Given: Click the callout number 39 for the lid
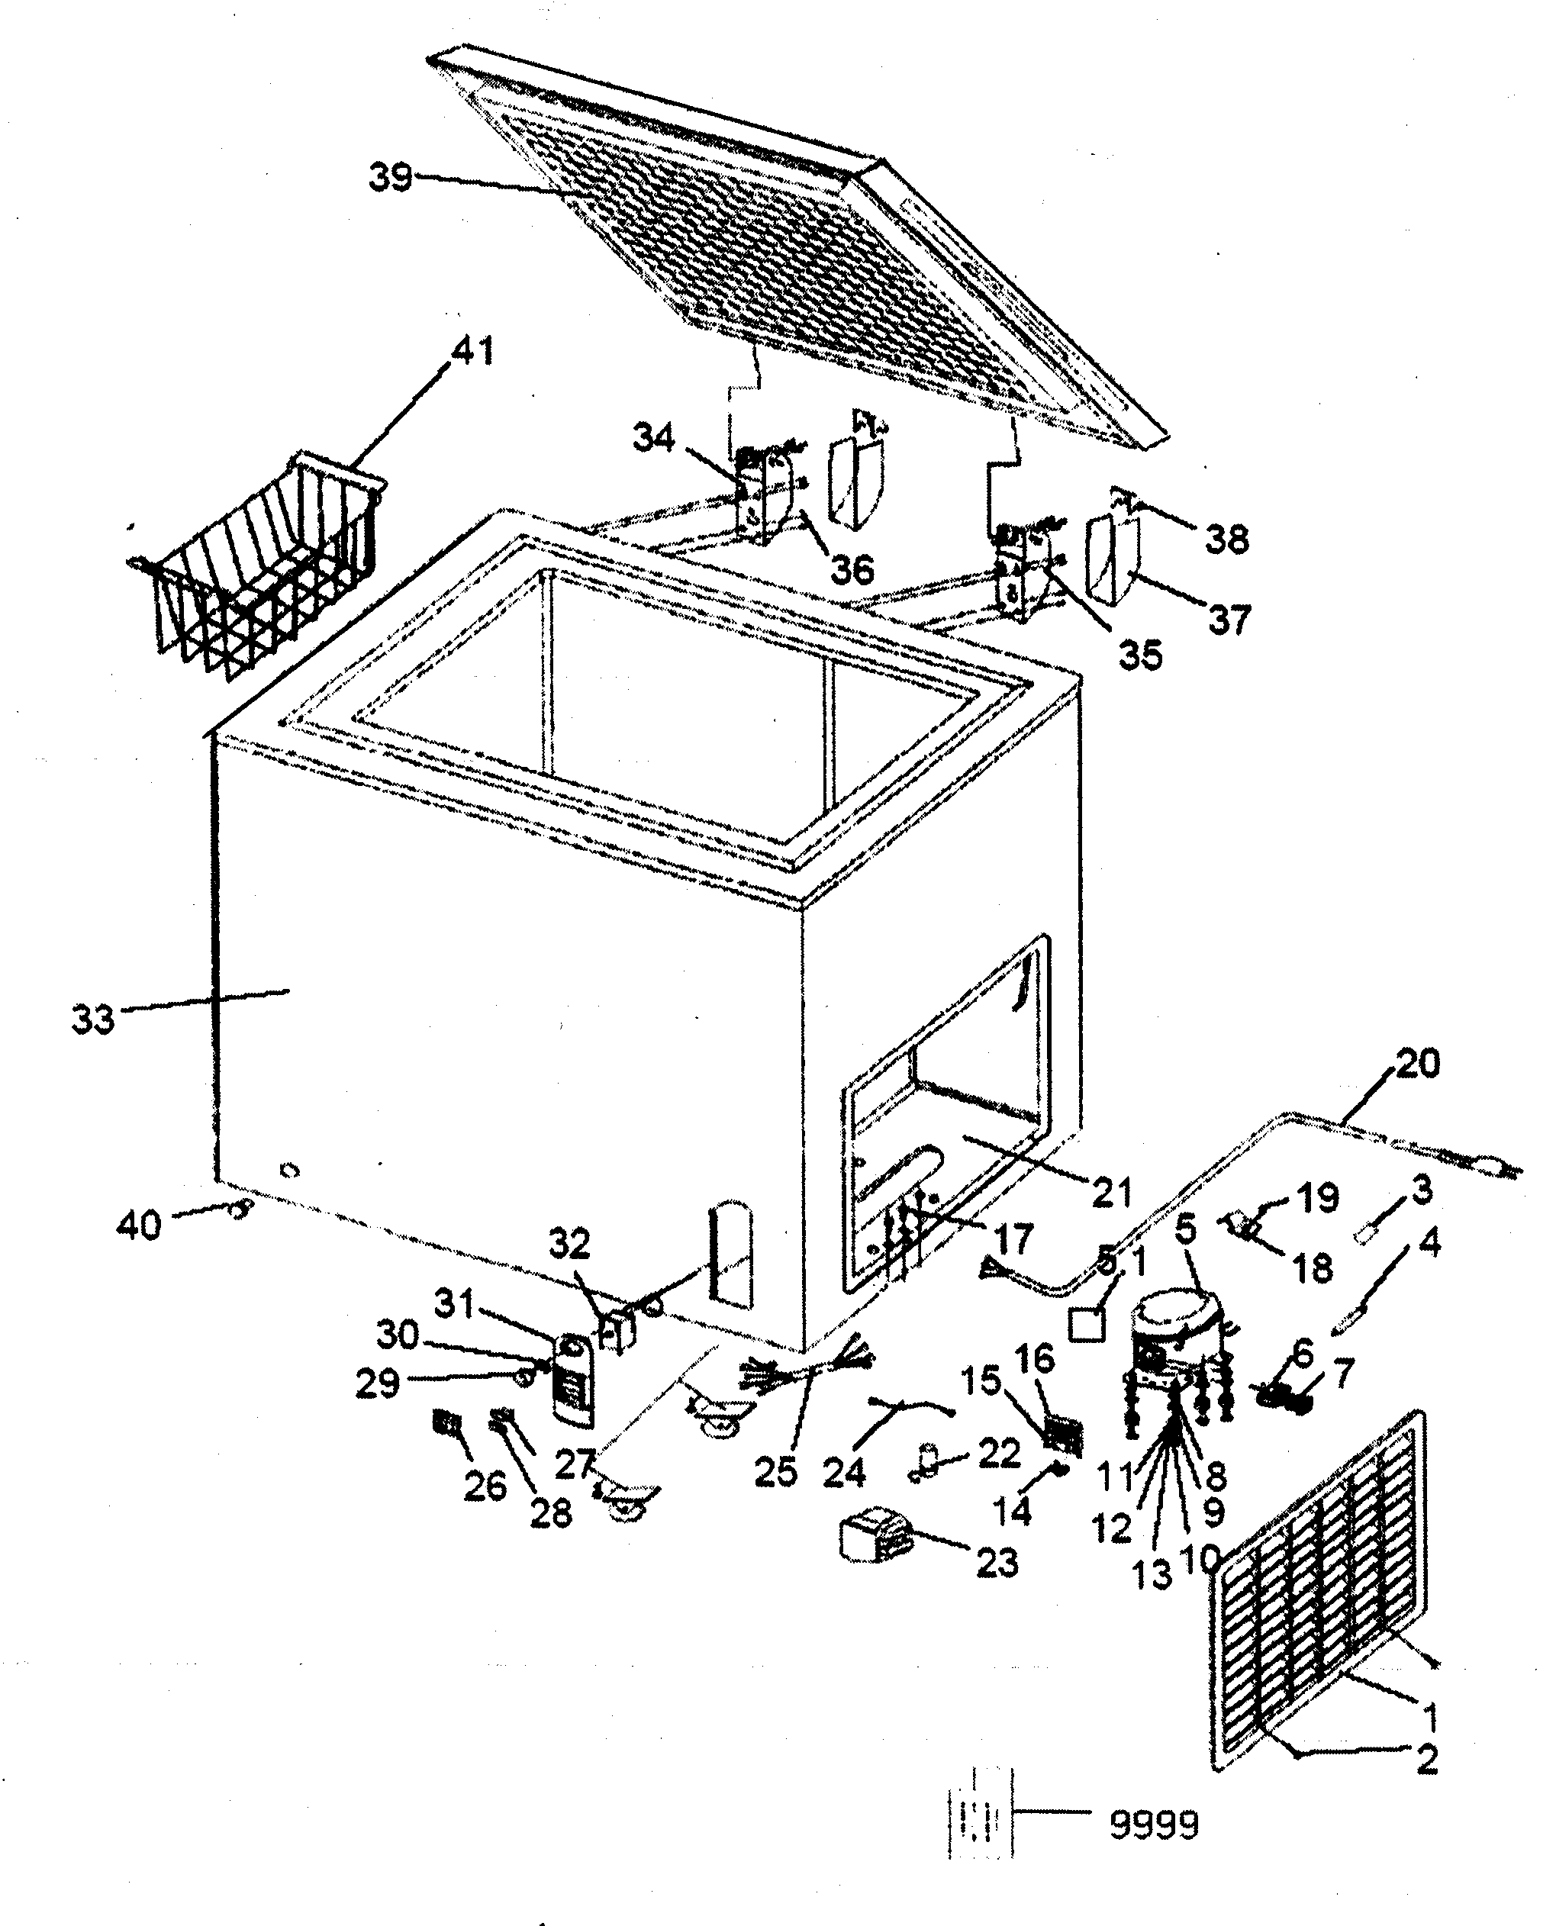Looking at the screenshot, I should tap(390, 178).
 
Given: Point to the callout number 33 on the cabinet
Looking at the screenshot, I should tap(93, 1019).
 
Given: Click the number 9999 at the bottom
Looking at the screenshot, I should tap(1154, 1824).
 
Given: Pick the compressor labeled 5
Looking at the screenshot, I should tap(1172, 1338).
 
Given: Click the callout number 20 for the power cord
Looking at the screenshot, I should tap(1416, 1064).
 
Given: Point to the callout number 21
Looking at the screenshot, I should tap(1111, 1191).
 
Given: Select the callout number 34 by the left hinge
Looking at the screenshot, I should tap(654, 438).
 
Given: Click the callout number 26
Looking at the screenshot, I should tap(485, 1486).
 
